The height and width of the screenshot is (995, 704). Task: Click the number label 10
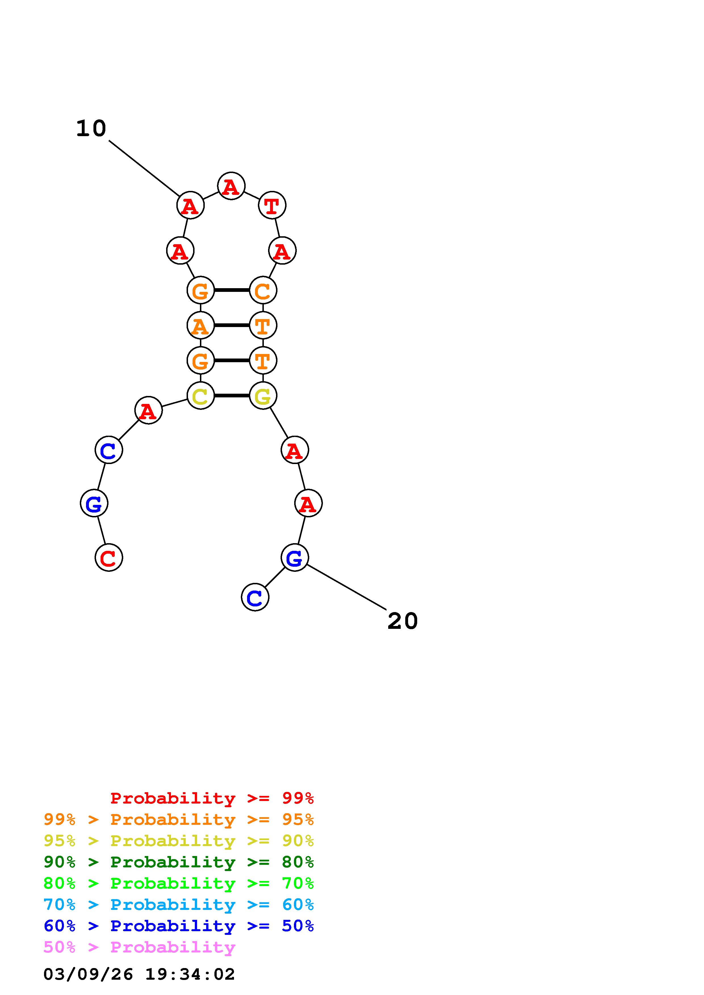pyautogui.click(x=91, y=129)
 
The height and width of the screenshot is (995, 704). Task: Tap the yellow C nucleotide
pyautogui.click(x=200, y=396)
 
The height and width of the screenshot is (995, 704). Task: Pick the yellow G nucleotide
pyautogui.click(x=263, y=396)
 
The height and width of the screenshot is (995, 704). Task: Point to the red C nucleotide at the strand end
pyautogui.click(x=109, y=557)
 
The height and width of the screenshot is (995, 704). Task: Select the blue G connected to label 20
pyautogui.click(x=294, y=557)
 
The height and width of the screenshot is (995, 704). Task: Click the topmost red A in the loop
pyautogui.click(x=231, y=186)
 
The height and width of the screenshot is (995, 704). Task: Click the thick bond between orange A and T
pyautogui.click(x=232, y=325)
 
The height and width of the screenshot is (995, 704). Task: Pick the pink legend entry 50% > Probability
pyautogui.click(x=139, y=947)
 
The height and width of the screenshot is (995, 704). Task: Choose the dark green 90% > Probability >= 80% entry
pyautogui.click(x=179, y=862)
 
